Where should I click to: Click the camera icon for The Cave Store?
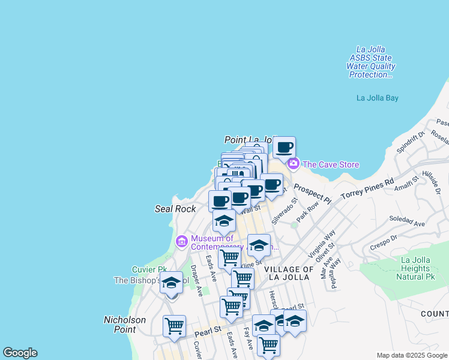[293, 164]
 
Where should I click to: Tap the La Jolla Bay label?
[377, 98]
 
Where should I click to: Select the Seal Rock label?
[175, 209]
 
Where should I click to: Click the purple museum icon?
[181, 242]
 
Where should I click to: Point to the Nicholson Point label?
[125, 324]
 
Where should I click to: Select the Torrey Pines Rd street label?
[367, 188]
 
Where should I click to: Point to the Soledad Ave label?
[406, 221]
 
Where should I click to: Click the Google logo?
[20, 353]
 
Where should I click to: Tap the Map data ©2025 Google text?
[411, 355]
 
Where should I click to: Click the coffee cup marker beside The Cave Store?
[284, 147]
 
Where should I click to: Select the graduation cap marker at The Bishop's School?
[171, 283]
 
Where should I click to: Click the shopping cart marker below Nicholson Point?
[174, 326]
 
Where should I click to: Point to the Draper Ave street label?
[196, 280]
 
